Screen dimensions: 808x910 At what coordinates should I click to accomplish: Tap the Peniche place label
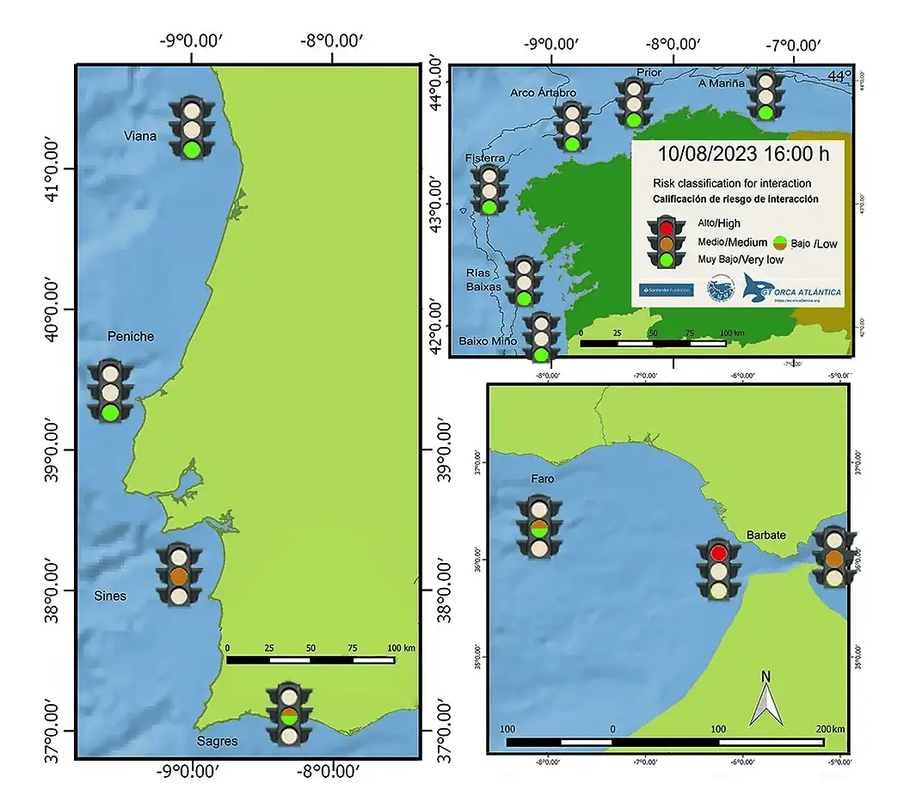coord(131,336)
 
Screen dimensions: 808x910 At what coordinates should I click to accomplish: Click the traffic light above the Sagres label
coord(289,715)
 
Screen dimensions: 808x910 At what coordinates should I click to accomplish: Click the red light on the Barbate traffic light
coord(720,553)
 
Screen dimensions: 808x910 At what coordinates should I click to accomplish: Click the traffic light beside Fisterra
coord(489,189)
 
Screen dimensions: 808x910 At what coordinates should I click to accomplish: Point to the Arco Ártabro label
coord(543,93)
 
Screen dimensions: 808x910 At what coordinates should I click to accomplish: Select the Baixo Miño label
coord(488,341)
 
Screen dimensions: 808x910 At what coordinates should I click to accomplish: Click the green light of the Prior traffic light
coord(634,120)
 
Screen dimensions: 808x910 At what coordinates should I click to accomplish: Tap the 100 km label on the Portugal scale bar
coord(402,646)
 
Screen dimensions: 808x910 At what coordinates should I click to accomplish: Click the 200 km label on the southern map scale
coord(832,729)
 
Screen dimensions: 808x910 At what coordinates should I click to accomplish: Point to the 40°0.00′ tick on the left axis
coord(54,309)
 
